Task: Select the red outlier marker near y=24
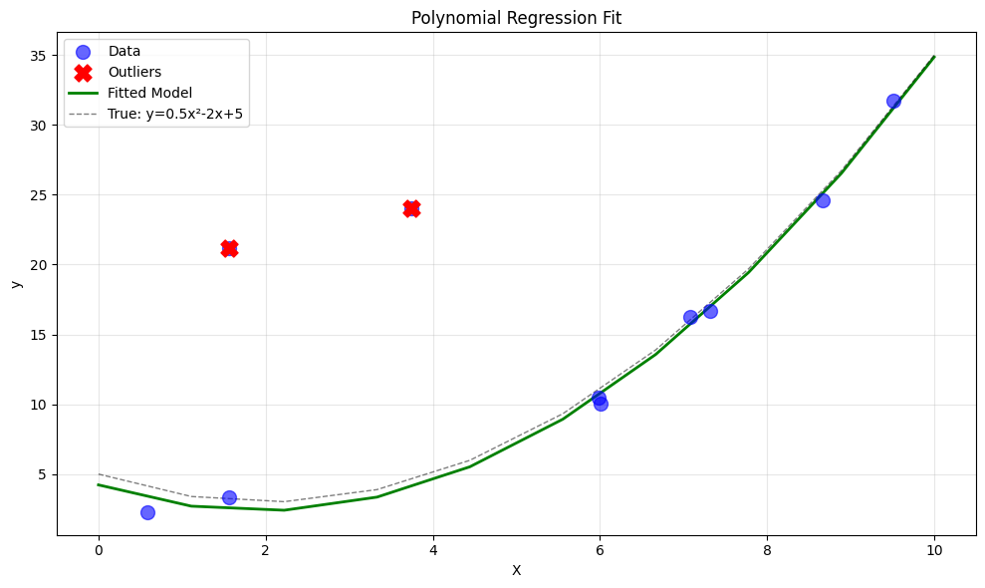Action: point(411,208)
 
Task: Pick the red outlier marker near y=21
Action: point(229,248)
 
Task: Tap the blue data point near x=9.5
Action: point(893,101)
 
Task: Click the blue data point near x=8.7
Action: point(823,200)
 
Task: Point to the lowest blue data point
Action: point(147,512)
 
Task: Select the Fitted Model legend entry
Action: point(149,93)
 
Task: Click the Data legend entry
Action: point(124,51)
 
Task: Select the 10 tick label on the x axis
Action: point(933,549)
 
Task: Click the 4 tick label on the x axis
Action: point(433,549)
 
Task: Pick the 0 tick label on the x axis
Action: point(99,549)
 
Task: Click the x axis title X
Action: point(516,570)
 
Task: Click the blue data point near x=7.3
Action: point(710,311)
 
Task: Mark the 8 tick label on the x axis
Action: point(767,549)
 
